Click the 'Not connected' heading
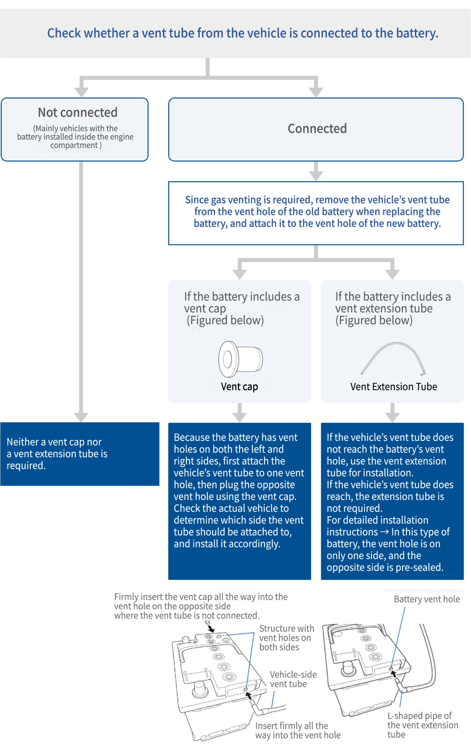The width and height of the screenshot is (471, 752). pyautogui.click(x=78, y=113)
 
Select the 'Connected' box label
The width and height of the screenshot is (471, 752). pyautogui.click(x=317, y=129)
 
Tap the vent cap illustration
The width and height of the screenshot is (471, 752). pyautogui.click(x=240, y=359)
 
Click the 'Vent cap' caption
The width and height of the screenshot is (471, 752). pyautogui.click(x=239, y=387)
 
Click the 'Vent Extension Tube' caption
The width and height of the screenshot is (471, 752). pyautogui.click(x=393, y=387)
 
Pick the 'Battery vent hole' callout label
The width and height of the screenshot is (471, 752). pyautogui.click(x=426, y=599)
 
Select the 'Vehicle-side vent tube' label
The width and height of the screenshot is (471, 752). pyautogui.click(x=293, y=679)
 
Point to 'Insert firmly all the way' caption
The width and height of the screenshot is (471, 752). pyautogui.click(x=297, y=730)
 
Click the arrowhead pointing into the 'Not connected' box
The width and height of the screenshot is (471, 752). pyautogui.click(x=82, y=93)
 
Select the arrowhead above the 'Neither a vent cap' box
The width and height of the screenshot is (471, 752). pyautogui.click(x=81, y=417)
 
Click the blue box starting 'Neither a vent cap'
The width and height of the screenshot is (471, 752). pyautogui.click(x=79, y=454)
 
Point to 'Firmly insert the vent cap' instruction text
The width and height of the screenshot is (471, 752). pyautogui.click(x=200, y=606)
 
